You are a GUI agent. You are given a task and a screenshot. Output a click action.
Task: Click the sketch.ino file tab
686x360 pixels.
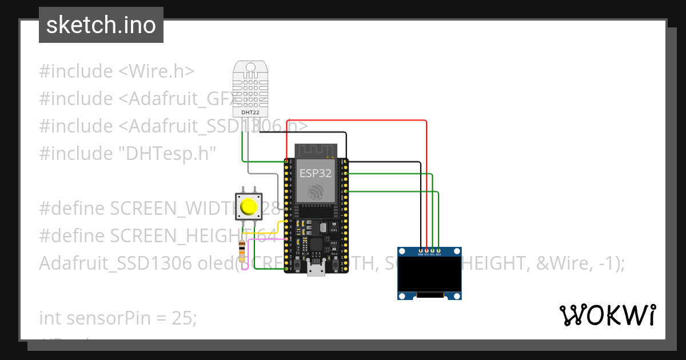point(101,25)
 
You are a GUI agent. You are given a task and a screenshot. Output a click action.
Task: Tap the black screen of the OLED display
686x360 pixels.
point(429,274)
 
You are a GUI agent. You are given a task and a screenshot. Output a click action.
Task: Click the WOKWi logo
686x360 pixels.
point(607,315)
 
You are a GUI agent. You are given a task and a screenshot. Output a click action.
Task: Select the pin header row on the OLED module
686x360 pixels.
point(430,250)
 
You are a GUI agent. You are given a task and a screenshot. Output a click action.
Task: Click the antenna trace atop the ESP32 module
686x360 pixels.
point(314,151)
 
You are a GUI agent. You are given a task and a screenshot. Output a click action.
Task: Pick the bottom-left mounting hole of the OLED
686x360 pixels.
point(402,295)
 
